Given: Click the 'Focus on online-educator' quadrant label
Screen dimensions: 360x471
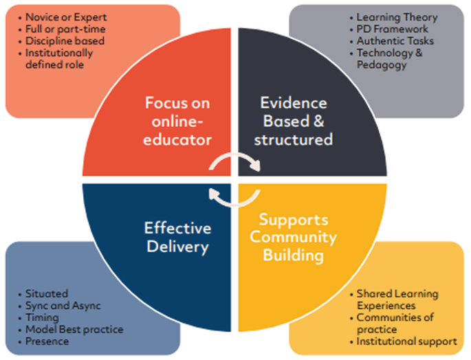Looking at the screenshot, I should pos(177,121).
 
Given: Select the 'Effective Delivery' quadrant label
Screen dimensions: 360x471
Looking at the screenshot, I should pos(178,237).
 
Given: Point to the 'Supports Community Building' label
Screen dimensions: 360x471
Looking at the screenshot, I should pos(293,238).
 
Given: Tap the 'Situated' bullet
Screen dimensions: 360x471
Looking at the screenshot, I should pos(46,293).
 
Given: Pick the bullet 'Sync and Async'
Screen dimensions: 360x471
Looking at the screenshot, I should pos(61,305).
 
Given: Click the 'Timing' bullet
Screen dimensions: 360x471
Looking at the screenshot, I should pos(42,317).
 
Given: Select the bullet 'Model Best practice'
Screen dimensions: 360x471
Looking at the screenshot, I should pos(74,329).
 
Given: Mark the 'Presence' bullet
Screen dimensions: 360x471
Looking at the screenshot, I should pos(47,341).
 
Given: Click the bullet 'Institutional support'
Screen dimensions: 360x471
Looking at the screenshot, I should pos(406,341).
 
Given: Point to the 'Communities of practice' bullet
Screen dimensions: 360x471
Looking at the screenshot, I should pos(395,323).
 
